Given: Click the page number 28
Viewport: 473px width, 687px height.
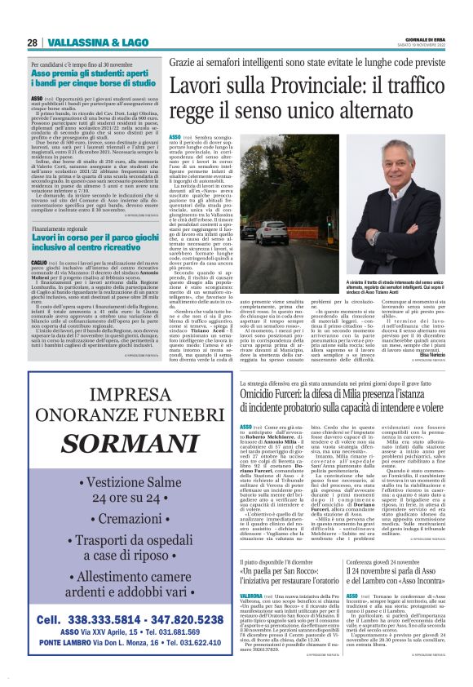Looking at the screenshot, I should point(33,42).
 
